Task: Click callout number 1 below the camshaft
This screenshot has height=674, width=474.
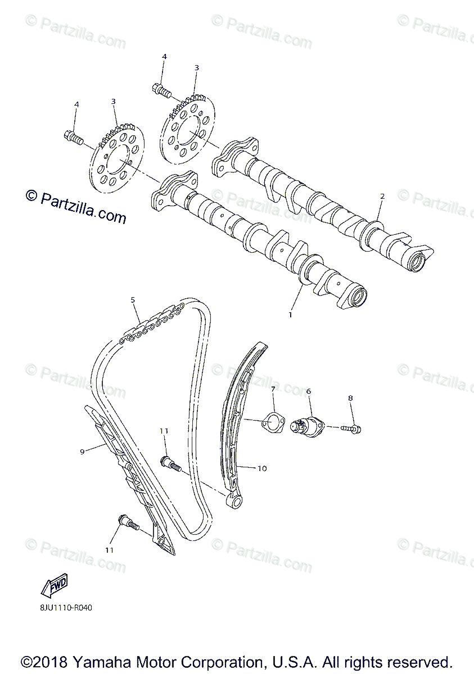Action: point(290,315)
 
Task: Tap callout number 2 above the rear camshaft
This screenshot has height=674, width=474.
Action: point(382,197)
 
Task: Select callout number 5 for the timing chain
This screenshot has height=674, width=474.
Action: point(133,300)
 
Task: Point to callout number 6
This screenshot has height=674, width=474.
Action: point(308,391)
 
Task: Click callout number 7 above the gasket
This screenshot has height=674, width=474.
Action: point(273,389)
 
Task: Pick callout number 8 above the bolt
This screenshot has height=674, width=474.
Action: point(350,398)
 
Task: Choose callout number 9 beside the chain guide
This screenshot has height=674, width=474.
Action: point(82,451)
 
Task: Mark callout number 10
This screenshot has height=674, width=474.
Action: point(262,468)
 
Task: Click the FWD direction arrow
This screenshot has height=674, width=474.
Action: point(55,586)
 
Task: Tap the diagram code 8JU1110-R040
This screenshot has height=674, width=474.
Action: point(66,607)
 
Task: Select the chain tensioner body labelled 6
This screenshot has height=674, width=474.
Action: point(305,425)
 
